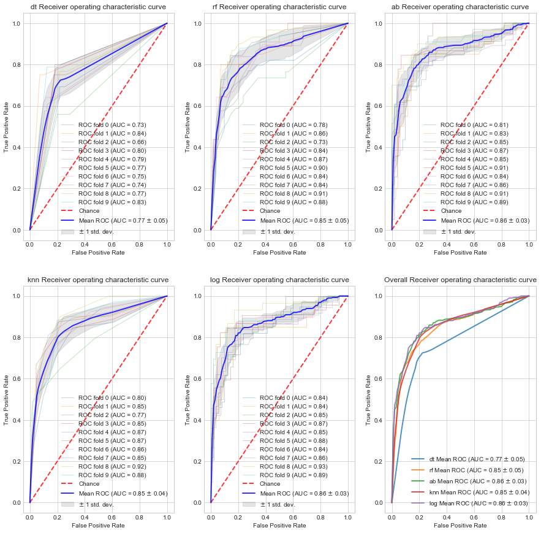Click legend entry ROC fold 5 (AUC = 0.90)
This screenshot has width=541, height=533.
point(293,167)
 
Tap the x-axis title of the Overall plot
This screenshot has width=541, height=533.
point(460,526)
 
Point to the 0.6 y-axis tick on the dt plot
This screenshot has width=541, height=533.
point(18,106)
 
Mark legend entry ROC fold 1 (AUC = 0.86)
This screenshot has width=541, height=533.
point(293,133)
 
